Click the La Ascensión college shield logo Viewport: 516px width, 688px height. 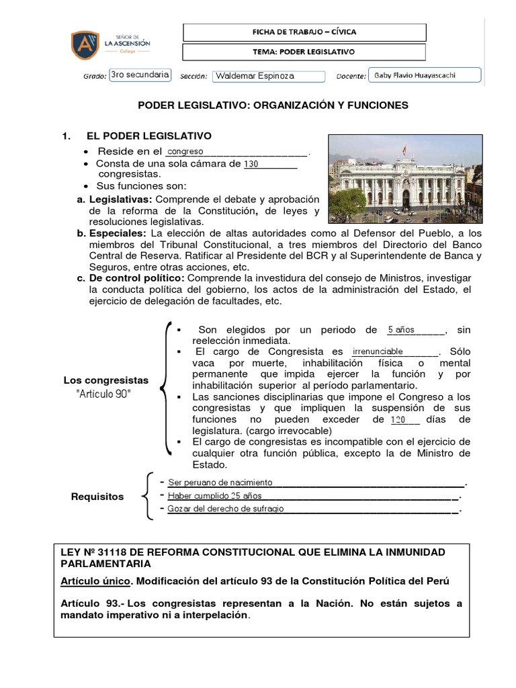click(x=85, y=44)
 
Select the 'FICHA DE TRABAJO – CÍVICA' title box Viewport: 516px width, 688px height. click(x=304, y=32)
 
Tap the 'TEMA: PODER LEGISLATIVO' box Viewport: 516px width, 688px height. click(x=304, y=52)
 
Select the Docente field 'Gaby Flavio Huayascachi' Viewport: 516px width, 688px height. click(x=425, y=75)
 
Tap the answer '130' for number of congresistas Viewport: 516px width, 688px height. click(x=251, y=163)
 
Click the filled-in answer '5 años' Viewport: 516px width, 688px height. click(x=401, y=330)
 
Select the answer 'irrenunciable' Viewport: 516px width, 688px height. click(x=378, y=351)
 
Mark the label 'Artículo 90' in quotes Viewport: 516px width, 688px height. click(x=104, y=394)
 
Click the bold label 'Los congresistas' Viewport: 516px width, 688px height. click(x=105, y=380)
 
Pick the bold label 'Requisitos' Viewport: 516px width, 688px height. click(x=97, y=497)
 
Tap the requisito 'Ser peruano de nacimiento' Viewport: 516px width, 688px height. click(x=220, y=482)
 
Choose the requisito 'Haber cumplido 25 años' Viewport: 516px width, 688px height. click(x=205, y=496)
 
